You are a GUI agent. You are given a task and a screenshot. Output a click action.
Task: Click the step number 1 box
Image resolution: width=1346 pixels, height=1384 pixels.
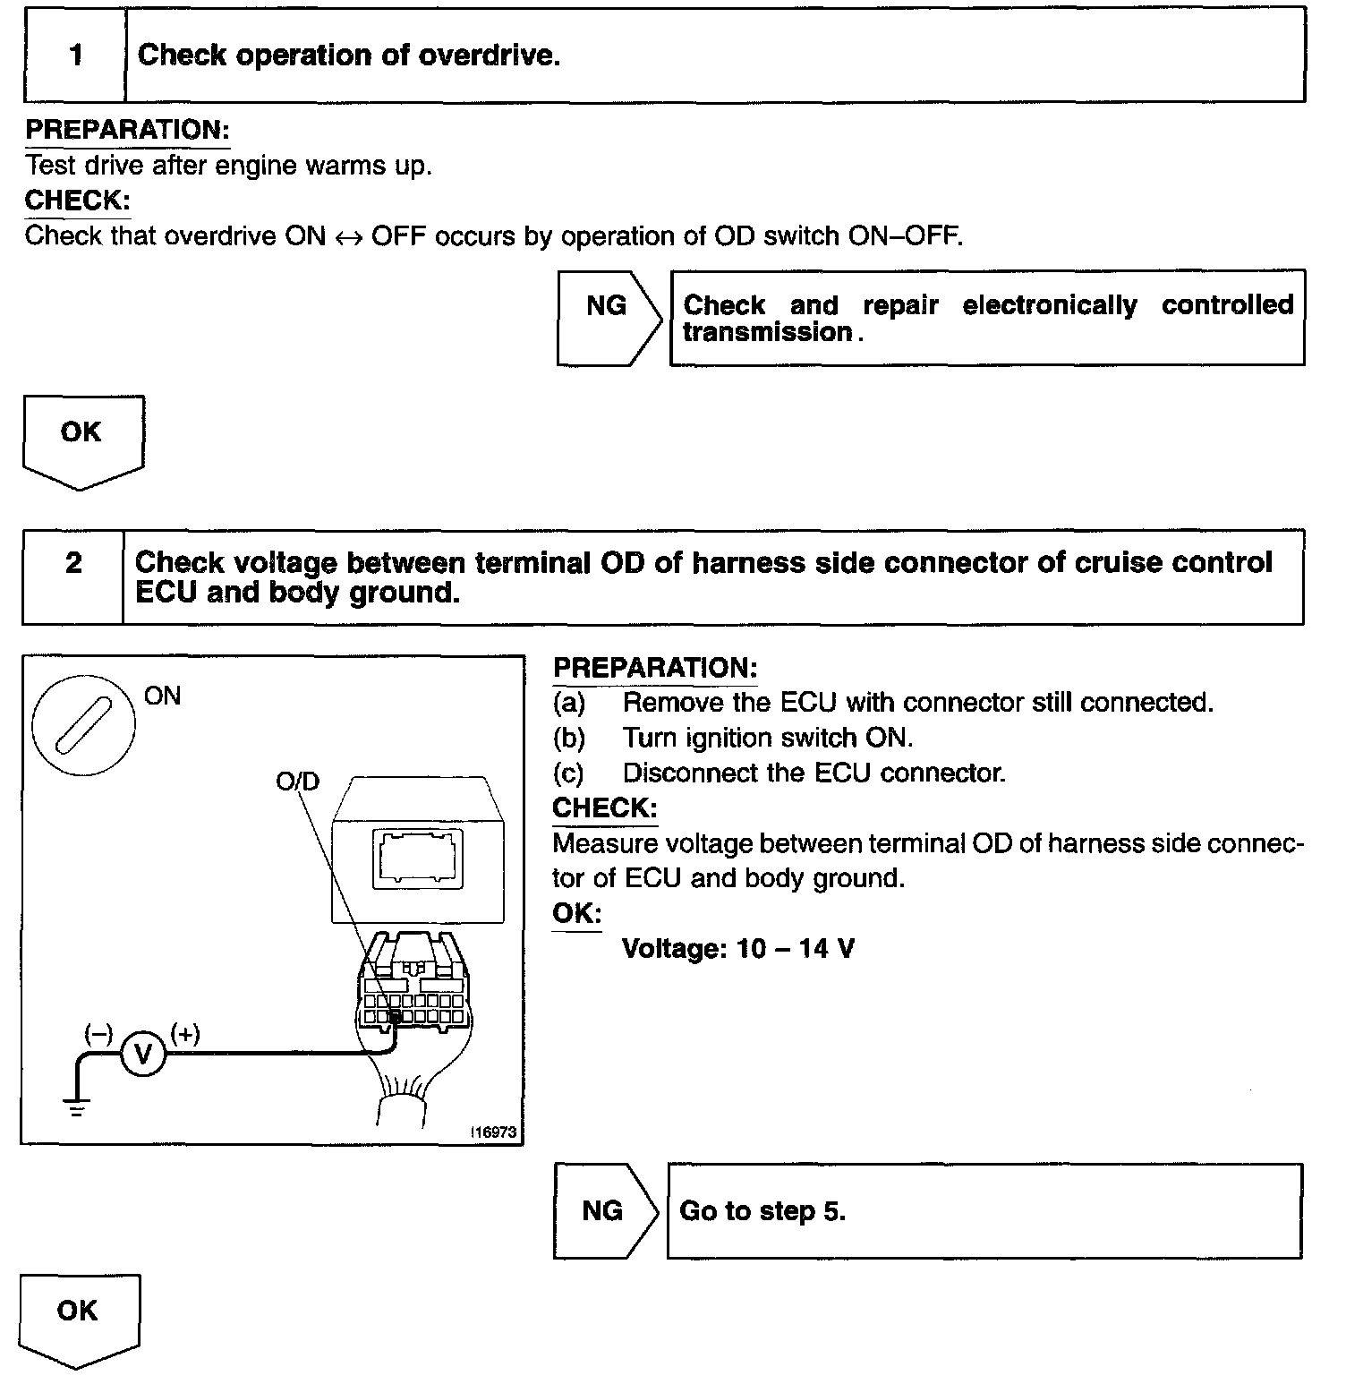(x=75, y=56)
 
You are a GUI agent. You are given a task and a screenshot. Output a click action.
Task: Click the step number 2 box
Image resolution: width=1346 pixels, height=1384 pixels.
(x=73, y=577)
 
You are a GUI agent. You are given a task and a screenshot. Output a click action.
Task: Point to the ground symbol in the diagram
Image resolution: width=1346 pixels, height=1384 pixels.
(x=78, y=1107)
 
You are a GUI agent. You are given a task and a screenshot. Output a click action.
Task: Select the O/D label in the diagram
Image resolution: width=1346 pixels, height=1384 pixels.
(x=297, y=782)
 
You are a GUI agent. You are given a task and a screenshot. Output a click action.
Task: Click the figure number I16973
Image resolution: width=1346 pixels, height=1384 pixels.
(x=494, y=1132)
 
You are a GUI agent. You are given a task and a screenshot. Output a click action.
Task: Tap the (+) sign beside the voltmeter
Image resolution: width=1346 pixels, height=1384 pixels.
(x=185, y=1034)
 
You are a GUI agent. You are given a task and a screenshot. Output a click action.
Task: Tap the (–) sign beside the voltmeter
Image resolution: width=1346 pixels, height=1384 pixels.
(x=98, y=1034)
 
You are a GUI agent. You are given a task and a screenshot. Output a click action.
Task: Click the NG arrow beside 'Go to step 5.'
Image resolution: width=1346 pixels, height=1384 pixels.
(x=605, y=1211)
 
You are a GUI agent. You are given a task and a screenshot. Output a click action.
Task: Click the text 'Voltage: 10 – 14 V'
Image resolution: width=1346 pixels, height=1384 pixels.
(x=737, y=948)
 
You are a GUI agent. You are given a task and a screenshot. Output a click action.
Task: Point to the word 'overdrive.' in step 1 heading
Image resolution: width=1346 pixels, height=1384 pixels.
(x=490, y=56)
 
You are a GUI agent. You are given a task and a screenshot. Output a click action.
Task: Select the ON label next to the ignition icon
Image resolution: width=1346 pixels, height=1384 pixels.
(x=162, y=696)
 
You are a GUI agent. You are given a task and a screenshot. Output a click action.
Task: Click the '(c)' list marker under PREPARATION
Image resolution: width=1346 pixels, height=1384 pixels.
(x=568, y=773)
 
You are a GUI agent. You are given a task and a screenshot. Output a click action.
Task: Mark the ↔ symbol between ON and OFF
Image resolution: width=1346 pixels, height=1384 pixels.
(x=348, y=237)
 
